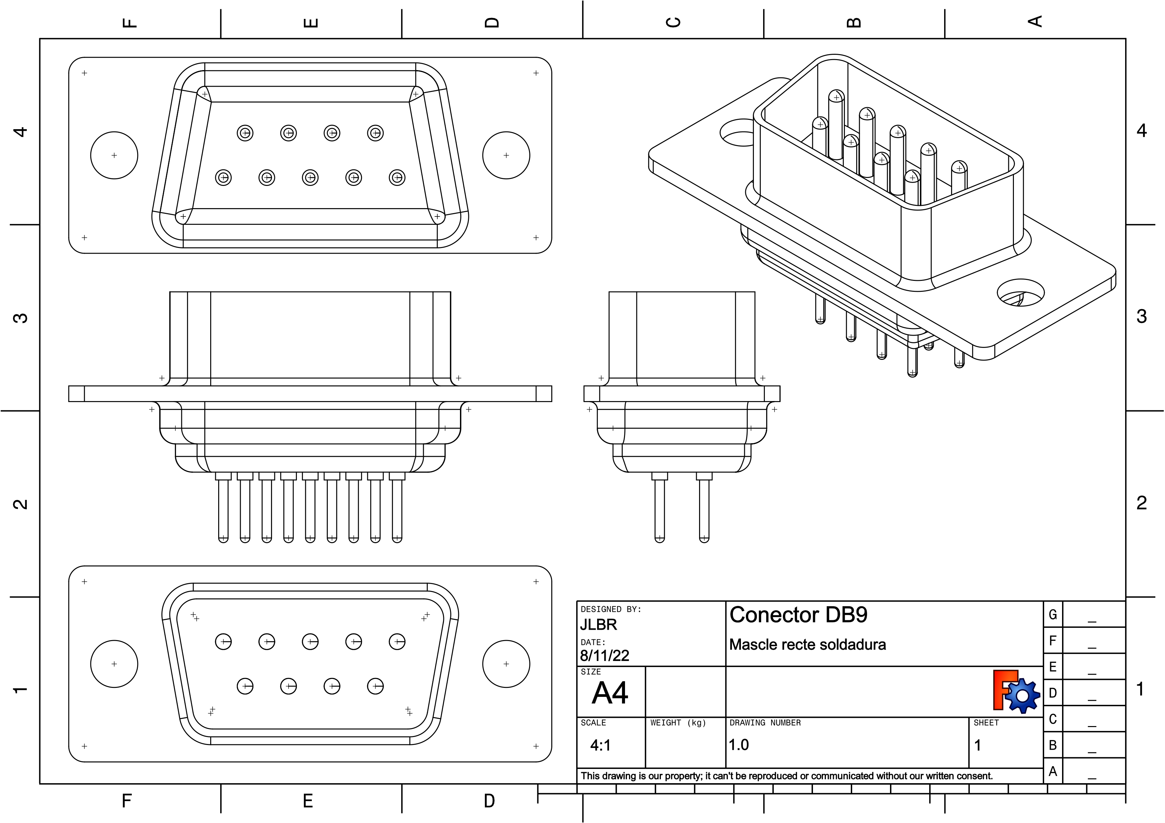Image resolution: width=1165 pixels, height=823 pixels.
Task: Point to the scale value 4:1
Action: tap(600, 745)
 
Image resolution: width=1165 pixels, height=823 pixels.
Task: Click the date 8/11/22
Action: tap(604, 656)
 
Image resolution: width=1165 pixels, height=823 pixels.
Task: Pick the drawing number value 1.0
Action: tap(739, 745)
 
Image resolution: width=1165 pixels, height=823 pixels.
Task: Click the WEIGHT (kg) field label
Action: tap(678, 723)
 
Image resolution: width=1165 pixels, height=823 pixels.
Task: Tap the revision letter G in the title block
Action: tap(1053, 615)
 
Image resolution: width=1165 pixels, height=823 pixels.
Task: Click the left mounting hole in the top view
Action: tap(114, 155)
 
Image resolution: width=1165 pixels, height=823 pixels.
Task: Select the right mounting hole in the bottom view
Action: tap(506, 664)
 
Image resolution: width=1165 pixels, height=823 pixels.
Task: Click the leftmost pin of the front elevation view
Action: tap(223, 507)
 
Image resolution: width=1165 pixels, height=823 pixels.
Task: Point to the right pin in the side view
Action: tap(704, 507)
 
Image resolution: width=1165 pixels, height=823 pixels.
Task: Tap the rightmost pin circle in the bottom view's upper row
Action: tap(397, 642)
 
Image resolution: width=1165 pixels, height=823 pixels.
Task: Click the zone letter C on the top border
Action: tap(673, 22)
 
